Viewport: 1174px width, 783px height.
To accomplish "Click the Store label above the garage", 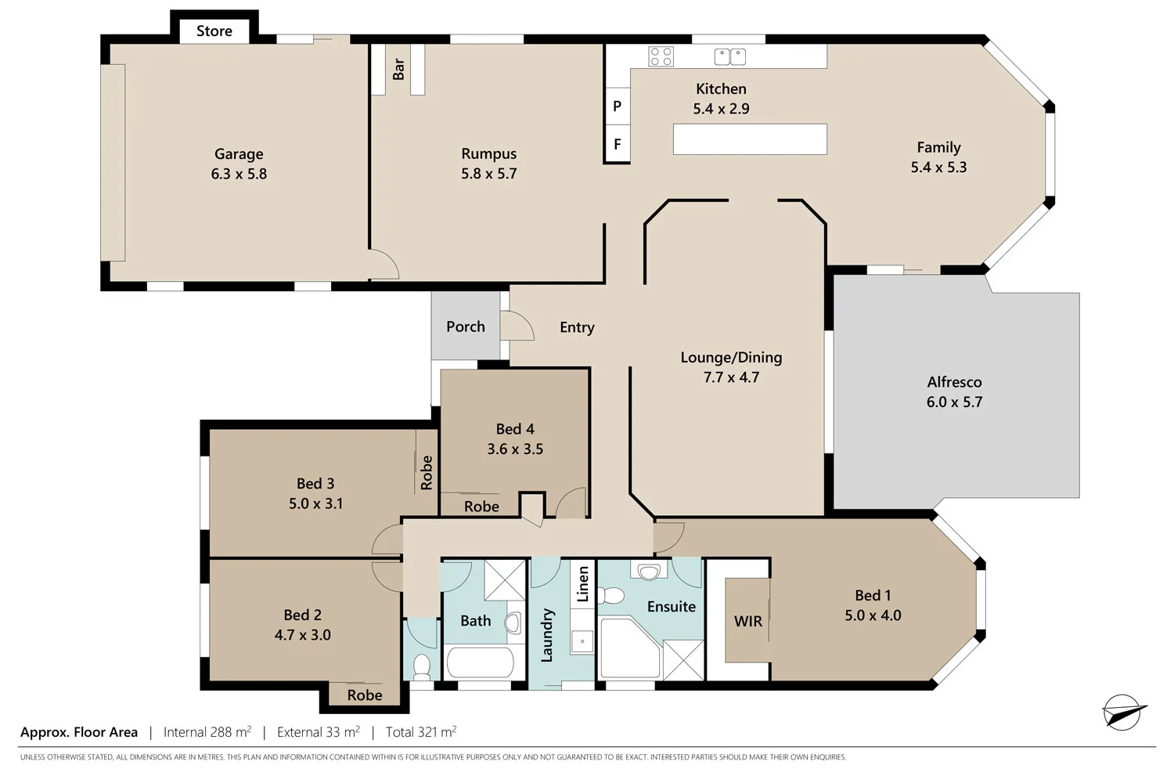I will (x=214, y=31).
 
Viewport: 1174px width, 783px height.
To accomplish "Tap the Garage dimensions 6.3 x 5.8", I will (x=239, y=174).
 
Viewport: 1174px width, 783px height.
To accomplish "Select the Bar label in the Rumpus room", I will (x=398, y=69).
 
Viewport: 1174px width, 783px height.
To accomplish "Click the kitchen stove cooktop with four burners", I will (x=661, y=56).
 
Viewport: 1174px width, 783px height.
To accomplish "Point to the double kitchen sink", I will (x=729, y=56).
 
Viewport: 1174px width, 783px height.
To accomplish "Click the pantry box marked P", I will (x=617, y=106).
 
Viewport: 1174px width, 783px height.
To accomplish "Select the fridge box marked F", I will (x=617, y=144).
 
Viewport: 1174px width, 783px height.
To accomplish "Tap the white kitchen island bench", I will (x=750, y=139).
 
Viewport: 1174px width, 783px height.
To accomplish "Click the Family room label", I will (x=938, y=147).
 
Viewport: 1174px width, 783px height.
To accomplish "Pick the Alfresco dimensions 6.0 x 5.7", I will (x=954, y=402).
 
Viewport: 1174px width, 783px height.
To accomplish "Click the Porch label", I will (x=466, y=327).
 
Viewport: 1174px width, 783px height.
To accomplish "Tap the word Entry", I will (x=577, y=327).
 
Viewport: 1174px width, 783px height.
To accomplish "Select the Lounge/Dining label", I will (x=731, y=357).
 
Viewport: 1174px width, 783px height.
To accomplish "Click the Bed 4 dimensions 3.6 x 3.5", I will (x=515, y=449).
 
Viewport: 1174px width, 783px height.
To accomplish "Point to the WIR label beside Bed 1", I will (x=747, y=621).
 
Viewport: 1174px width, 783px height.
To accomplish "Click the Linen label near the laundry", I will (x=582, y=584).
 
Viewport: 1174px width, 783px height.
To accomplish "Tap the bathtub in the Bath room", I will (x=480, y=663).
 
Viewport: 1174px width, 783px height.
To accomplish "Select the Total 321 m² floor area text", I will (x=421, y=732).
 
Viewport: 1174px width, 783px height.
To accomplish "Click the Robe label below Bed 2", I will (x=365, y=695).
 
